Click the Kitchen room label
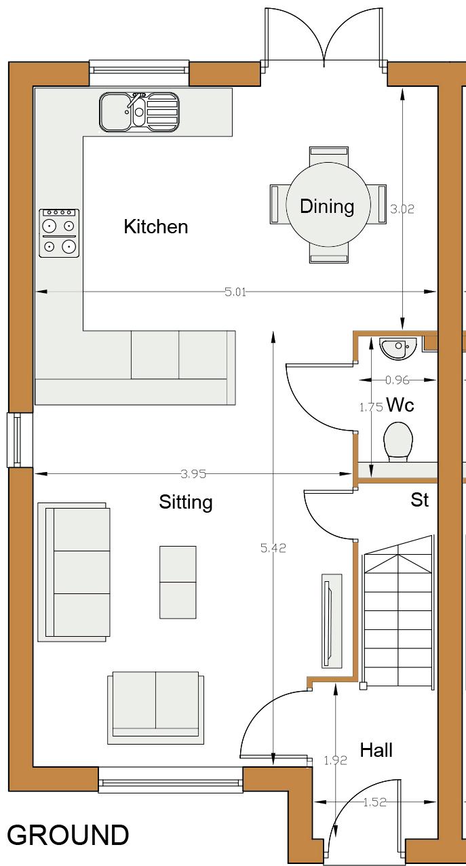click(x=156, y=227)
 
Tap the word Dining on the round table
click(x=327, y=206)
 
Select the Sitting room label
click(x=186, y=503)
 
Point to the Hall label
click(x=376, y=751)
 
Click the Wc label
click(x=400, y=405)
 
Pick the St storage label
click(x=420, y=500)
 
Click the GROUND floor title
click(x=68, y=835)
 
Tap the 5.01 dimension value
click(x=235, y=292)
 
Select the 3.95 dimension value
click(x=193, y=473)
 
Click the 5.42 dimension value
click(x=273, y=548)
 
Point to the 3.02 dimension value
click(x=402, y=209)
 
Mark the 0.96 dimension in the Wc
click(x=397, y=380)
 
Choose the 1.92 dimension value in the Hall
click(x=335, y=760)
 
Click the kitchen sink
click(x=139, y=112)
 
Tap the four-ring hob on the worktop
click(x=59, y=233)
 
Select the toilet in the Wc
click(x=398, y=442)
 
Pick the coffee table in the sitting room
click(x=178, y=583)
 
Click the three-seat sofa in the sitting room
click(x=74, y=572)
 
